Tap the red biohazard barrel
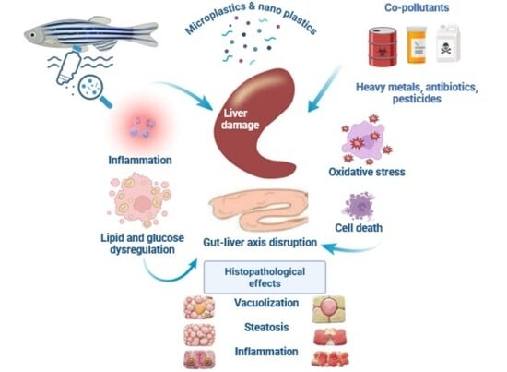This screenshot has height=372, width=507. coord(383,47)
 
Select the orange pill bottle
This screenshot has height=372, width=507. coord(416,45)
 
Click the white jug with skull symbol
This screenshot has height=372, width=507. coord(448,43)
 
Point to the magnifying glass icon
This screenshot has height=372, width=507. coord(94,90)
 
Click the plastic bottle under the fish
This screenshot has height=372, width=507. coord(68,66)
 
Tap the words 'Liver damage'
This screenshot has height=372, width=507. coord(240,119)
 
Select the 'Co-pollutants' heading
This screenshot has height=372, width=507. coord(417,7)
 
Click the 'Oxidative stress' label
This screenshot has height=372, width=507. coord(367,172)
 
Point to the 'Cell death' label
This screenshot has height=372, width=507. coord(359,228)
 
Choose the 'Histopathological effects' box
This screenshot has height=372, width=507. coord(265,277)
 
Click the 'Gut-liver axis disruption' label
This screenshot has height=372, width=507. coord(260,242)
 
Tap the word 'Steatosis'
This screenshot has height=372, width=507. coord(266,327)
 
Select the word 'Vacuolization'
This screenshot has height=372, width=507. coord(266,303)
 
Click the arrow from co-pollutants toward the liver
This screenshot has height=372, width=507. coord(324,89)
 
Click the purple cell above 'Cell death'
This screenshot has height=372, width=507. coord(359,206)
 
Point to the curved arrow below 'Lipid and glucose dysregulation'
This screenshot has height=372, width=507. coord(169,272)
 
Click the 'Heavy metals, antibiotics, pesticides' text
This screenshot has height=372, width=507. coord(417,93)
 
